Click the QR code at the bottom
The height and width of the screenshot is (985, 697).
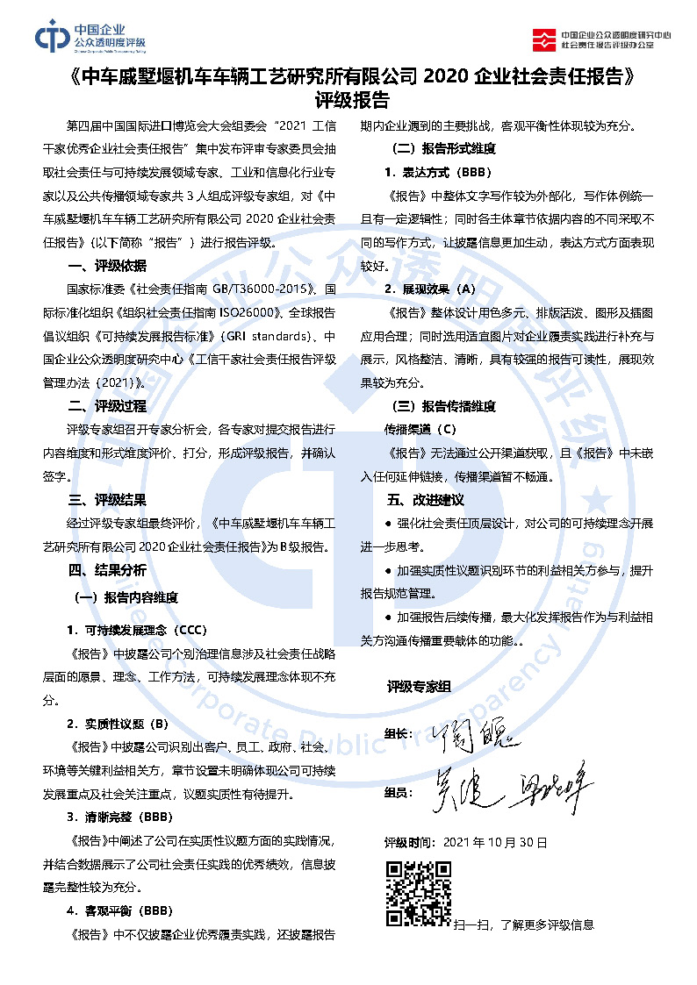pos(420,894)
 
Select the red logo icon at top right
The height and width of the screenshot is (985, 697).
pos(545,38)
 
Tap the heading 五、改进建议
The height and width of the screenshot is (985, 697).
pos(426,500)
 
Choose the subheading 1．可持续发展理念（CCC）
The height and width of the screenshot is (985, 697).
pos(136,630)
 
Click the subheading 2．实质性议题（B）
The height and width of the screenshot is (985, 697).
pos(118,724)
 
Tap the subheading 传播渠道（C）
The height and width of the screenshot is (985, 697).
pos(420,429)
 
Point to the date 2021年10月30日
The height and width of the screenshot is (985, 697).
pos(495,842)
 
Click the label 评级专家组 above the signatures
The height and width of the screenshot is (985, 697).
pos(419,686)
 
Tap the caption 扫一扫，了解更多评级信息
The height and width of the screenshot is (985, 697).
pos(524,924)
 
